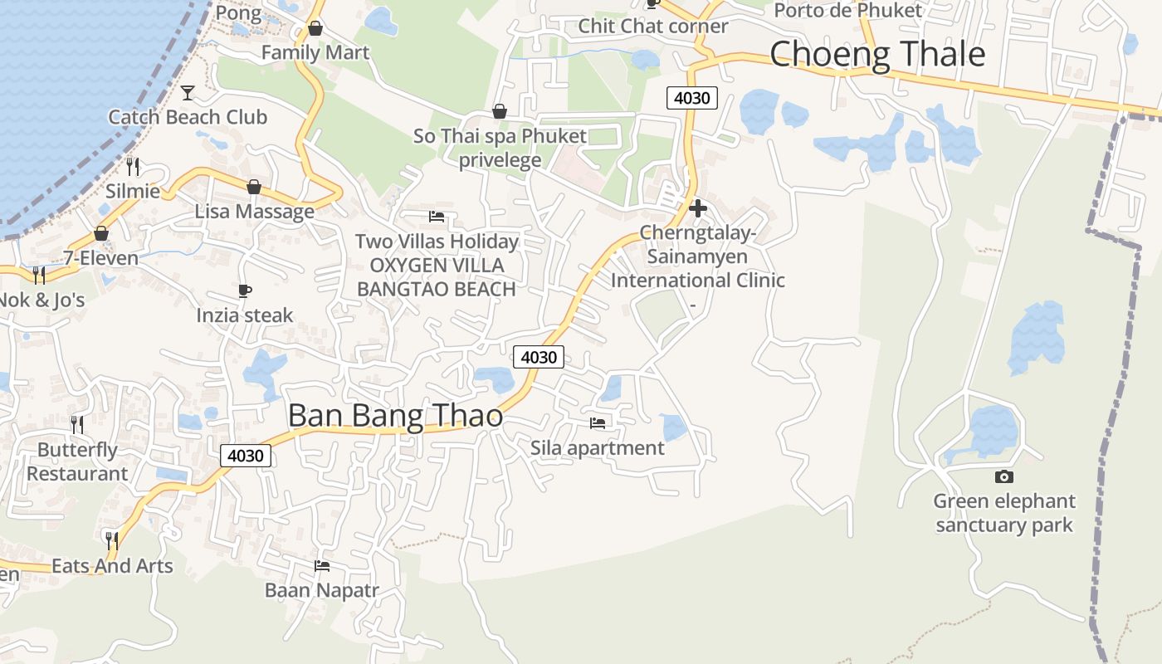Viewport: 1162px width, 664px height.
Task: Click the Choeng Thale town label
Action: pyautogui.click(x=877, y=55)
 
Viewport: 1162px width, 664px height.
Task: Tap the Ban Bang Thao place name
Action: pyautogui.click(x=395, y=415)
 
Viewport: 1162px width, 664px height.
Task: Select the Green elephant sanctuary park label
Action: pyautogui.click(x=1004, y=513)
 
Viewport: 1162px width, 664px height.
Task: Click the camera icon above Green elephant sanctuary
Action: pyautogui.click(x=1004, y=476)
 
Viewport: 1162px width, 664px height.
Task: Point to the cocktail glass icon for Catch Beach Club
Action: pyautogui.click(x=188, y=92)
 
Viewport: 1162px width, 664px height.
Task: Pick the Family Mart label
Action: pyautogui.click(x=315, y=53)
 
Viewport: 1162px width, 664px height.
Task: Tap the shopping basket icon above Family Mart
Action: pyautogui.click(x=315, y=29)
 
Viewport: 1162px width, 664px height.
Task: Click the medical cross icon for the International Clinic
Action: pyautogui.click(x=698, y=208)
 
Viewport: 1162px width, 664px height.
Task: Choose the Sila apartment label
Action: pyautogui.click(x=598, y=448)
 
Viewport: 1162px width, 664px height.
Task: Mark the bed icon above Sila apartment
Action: pyautogui.click(x=598, y=423)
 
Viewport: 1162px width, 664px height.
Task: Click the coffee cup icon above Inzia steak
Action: pyautogui.click(x=245, y=290)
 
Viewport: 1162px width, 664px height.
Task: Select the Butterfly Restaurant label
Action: pyautogui.click(x=77, y=461)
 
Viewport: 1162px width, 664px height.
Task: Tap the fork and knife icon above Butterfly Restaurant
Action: pyautogui.click(x=77, y=425)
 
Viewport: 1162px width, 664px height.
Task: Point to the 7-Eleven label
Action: pyautogui.click(x=101, y=258)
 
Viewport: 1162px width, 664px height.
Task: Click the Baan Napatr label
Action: pyautogui.click(x=322, y=591)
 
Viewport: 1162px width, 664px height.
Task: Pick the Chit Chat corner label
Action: pyautogui.click(x=653, y=27)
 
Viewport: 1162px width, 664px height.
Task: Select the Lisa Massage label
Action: pyautogui.click(x=255, y=212)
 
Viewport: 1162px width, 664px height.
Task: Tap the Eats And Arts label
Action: pyautogui.click(x=112, y=566)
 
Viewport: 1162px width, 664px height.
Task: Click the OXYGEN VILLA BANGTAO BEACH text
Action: pyautogui.click(x=437, y=277)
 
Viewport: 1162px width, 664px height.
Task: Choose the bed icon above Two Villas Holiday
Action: pyautogui.click(x=437, y=217)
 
